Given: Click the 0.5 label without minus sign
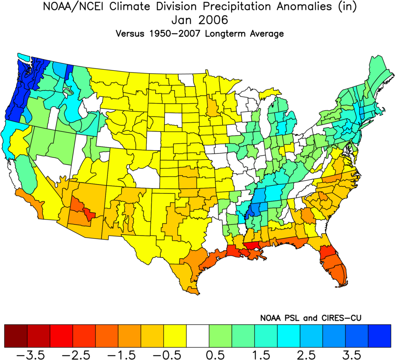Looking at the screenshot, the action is tap(215, 355).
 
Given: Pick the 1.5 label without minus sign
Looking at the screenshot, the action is tap(261, 355).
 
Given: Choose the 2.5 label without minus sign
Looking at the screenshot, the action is tap(306, 355).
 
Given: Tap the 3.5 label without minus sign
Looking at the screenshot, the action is tap(352, 355).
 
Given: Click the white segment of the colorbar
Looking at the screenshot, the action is tap(198, 336).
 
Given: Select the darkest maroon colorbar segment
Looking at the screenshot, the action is tap(16, 336).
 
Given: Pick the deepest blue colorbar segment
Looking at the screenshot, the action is tap(379, 336).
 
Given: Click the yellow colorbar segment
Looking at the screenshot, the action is tap(175, 336).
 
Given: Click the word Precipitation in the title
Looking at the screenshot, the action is tap(238, 7).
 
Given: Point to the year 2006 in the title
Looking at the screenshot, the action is tap(213, 20).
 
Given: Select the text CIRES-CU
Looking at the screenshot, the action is tap(341, 318).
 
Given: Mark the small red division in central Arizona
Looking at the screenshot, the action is tap(90, 214).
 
